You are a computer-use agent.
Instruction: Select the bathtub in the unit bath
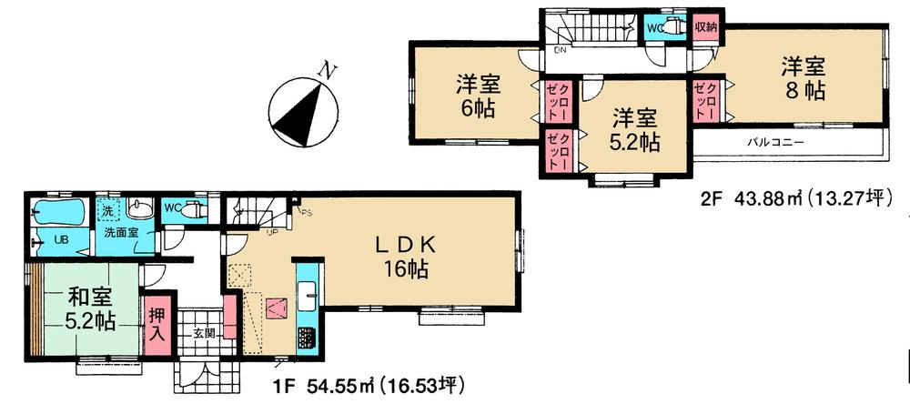[57, 217]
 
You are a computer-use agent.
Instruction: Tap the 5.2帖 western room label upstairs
[633, 130]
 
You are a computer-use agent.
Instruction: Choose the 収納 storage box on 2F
[706, 27]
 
